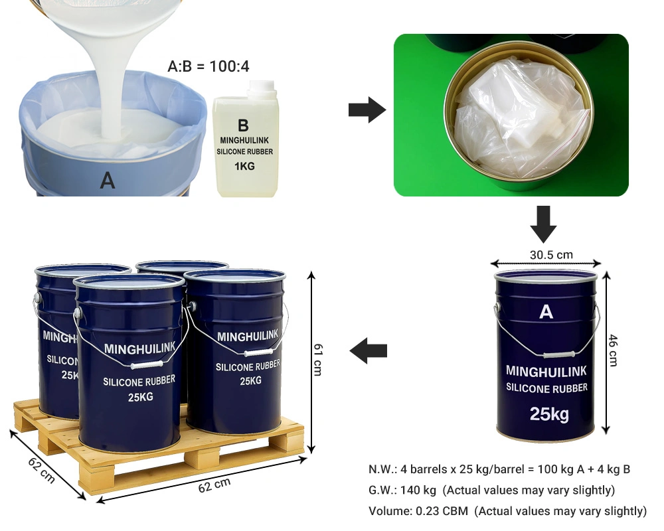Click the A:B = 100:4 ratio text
tap(208, 66)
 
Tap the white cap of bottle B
tap(262, 87)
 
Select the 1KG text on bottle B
tap(244, 166)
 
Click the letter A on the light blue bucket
tap(108, 181)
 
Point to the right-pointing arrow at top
tap(367, 110)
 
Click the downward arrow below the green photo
tap(543, 224)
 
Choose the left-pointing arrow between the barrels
tap(369, 350)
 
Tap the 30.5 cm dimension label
tap(551, 255)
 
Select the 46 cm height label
tap(614, 350)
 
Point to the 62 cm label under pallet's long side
tap(214, 485)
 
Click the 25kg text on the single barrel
tap(549, 414)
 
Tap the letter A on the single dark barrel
tap(546, 312)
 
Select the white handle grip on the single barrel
tap(557, 355)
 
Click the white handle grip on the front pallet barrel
tap(147, 364)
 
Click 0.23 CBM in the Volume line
tap(442, 511)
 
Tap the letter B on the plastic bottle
tap(243, 125)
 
